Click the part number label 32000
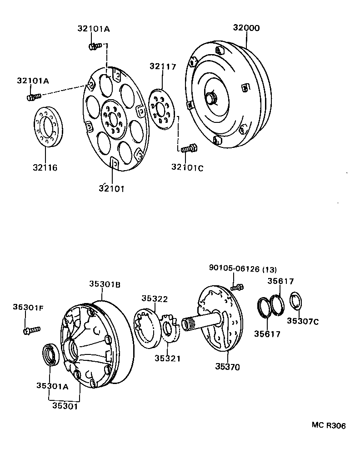point(246,28)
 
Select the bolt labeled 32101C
point(188,148)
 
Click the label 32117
point(162,66)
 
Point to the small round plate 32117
point(160,110)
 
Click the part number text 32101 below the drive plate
point(112,187)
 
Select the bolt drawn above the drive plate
point(95,45)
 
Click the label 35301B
point(104,284)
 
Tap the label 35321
point(167,358)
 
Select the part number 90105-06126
point(233,269)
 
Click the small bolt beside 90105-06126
point(237,287)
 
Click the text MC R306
point(328,425)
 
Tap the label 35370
point(228,367)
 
